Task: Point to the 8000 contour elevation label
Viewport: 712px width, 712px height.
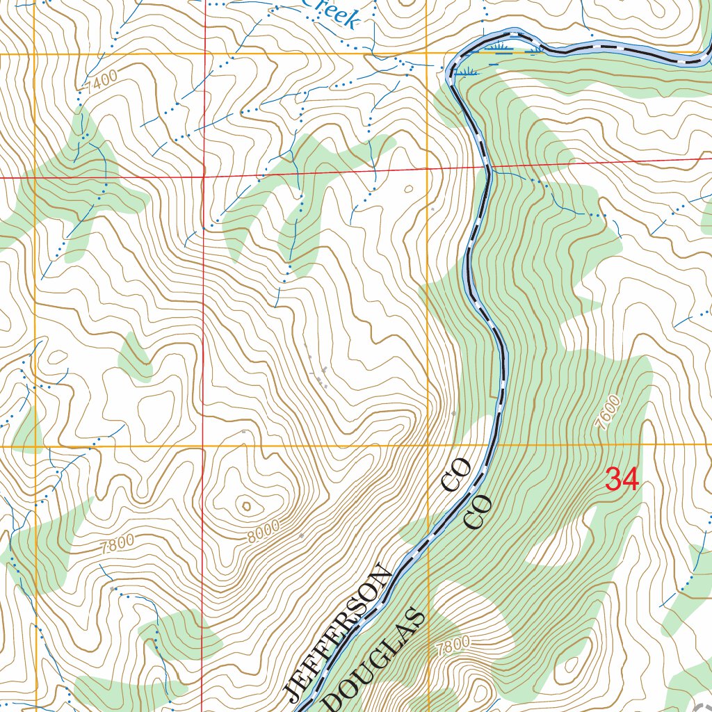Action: point(264,531)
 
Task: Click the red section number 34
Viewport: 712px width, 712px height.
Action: point(622,480)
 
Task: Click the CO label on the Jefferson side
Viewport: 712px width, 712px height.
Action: point(457,476)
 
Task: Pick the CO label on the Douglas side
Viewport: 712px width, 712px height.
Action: point(478,512)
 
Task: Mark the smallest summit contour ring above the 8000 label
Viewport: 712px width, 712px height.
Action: point(245,505)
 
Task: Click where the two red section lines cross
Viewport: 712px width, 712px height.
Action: point(203,177)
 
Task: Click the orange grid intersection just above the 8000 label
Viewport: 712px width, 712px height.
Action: point(203,446)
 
